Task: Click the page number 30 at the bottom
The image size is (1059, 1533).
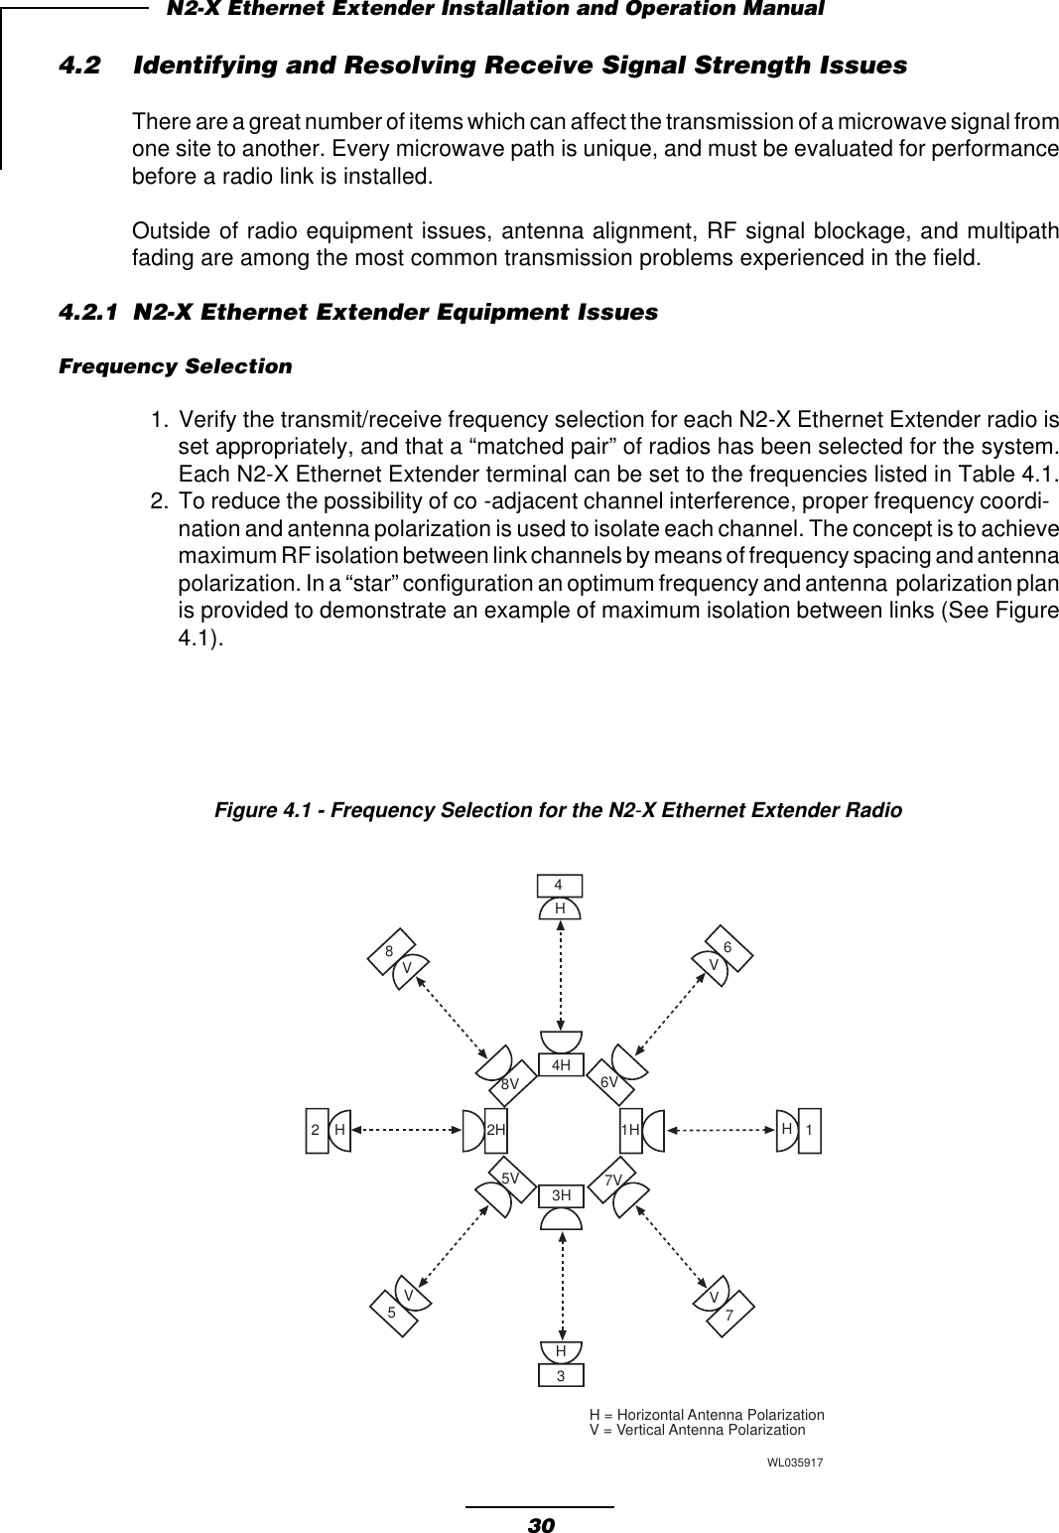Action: point(540,1523)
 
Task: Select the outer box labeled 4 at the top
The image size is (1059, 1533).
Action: point(560,884)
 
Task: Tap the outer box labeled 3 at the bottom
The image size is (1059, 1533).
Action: point(561,1376)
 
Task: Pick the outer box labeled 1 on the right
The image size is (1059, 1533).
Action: point(810,1131)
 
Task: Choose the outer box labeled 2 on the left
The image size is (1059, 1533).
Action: point(316,1131)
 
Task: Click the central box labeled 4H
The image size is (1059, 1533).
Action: point(561,1065)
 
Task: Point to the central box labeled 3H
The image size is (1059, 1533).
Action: point(562,1195)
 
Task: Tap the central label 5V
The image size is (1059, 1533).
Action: point(510,1178)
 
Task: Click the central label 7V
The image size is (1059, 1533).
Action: point(613,1179)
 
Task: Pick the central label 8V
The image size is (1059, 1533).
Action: point(510,1084)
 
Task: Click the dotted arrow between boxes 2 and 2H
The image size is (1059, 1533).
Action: point(408,1130)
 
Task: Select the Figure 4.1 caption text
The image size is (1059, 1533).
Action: point(559,811)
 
